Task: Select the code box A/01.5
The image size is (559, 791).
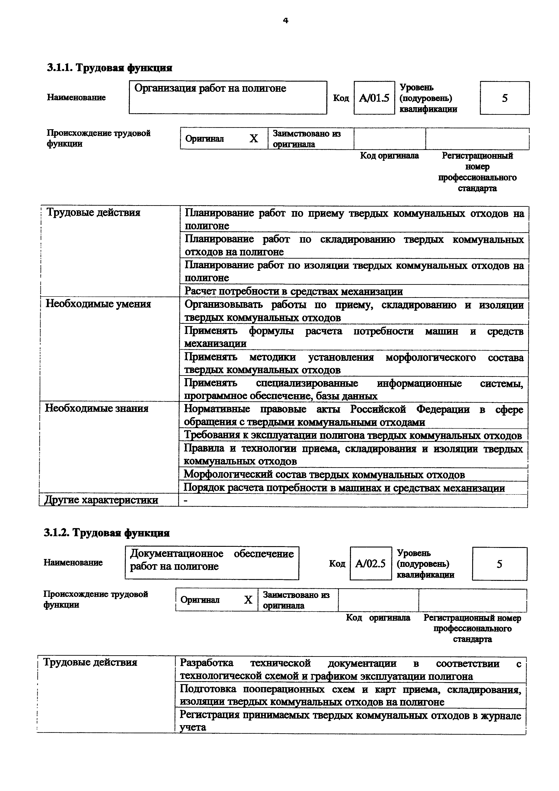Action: click(374, 98)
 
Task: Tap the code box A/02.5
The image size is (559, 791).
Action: click(371, 564)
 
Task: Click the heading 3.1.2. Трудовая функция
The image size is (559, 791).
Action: click(107, 533)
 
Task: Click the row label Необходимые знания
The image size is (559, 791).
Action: click(97, 408)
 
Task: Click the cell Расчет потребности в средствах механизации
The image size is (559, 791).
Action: click(293, 292)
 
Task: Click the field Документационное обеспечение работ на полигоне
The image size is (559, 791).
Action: click(212, 560)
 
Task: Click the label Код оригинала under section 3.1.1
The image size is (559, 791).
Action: click(389, 156)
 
